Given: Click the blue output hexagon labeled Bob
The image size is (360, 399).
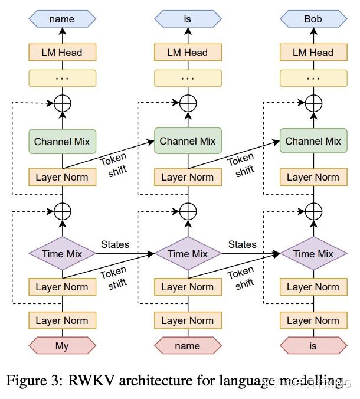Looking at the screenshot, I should tap(313, 19).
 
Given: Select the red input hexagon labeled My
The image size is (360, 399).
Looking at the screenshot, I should tap(62, 346).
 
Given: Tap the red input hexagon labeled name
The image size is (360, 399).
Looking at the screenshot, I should tap(188, 346).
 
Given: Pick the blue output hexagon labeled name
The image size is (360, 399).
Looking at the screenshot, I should tap(62, 19).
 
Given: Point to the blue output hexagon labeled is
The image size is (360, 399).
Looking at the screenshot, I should tap(188, 19).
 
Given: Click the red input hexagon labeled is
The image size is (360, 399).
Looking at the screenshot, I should tap(313, 346).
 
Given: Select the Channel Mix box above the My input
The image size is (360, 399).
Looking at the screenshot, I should tap(62, 142).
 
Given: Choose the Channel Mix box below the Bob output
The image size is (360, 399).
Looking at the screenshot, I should tap(313, 142).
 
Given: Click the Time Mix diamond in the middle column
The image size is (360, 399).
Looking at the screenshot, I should tap(188, 254).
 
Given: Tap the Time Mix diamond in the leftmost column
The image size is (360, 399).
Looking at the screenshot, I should tap(62, 254).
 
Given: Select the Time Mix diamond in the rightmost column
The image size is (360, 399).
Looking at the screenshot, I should tap(313, 254).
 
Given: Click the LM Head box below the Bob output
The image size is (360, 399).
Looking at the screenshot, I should tap(313, 53).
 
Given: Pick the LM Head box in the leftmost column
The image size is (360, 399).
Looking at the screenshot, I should tap(62, 53).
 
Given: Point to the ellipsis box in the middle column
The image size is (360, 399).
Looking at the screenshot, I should tap(188, 78).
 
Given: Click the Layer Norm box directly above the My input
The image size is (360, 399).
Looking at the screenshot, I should tap(62, 320).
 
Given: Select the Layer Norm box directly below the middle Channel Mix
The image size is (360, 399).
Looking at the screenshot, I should tap(188, 177).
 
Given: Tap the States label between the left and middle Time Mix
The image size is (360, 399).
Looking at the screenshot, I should tap(115, 244).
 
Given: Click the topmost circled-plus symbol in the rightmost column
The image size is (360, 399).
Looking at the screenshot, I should tap(313, 104).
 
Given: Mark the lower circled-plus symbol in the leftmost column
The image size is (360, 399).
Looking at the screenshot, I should tap(62, 211).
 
